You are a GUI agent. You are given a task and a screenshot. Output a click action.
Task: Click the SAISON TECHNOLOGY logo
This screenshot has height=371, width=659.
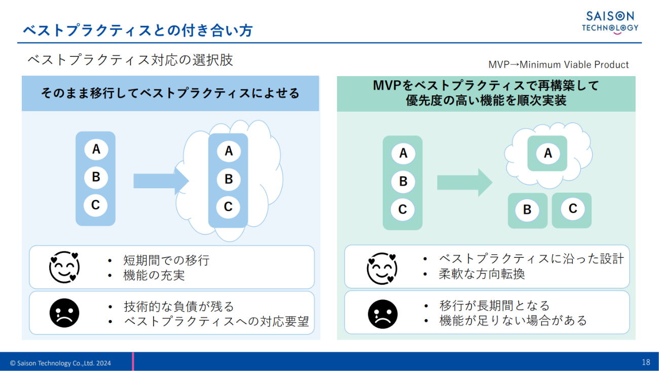pos(610,22)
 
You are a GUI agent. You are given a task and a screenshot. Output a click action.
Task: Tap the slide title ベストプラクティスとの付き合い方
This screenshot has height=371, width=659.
pos(138,30)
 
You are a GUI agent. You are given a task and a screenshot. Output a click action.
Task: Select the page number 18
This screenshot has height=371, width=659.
pos(645,362)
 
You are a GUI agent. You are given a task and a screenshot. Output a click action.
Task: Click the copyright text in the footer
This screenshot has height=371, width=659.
pos(60,363)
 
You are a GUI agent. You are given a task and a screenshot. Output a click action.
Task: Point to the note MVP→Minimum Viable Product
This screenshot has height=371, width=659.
pos(558,65)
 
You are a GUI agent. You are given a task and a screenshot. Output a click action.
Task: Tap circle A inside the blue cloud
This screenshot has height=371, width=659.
pos(228,151)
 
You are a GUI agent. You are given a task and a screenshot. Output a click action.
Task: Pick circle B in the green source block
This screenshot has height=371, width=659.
pos(403,181)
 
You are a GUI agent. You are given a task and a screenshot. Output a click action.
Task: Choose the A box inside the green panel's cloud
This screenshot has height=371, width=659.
pos(547,153)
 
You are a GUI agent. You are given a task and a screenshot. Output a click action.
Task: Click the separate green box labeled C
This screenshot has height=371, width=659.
pos(572,209)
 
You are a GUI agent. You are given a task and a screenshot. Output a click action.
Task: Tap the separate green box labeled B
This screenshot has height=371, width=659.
pos(527,210)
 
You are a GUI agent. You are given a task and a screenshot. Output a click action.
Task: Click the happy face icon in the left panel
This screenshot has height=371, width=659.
pos(64,267)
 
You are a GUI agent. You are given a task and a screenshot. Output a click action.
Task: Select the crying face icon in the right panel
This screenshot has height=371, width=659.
pos(382,314)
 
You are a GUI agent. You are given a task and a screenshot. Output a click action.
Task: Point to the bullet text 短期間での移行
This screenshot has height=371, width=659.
pos(166,260)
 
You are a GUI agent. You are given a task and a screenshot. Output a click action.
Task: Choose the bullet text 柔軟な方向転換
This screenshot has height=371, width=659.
pos(482,274)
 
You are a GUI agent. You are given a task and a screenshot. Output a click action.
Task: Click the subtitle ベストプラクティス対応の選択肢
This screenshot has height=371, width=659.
pos(130,60)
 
